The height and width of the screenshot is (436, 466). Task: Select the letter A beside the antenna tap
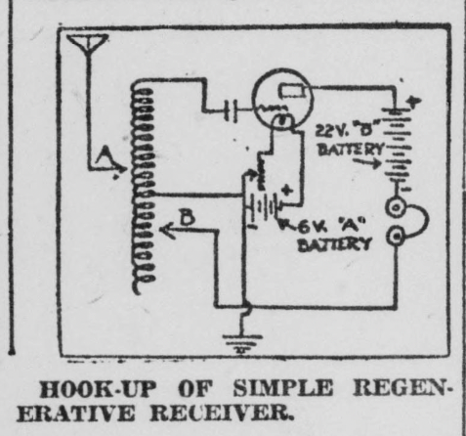pos(105,157)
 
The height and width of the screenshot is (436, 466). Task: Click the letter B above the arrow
pos(188,216)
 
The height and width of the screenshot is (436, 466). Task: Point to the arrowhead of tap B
pos(166,230)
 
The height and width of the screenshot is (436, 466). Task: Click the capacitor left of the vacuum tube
pos(231,110)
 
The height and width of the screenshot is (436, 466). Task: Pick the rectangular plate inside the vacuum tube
pos(292,91)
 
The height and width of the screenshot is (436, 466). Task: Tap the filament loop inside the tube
pos(282,121)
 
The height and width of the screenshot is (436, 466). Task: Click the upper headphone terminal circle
pos(396,207)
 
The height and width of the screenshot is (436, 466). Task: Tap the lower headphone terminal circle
pos(396,237)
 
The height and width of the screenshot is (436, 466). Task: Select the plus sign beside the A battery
pos(286,190)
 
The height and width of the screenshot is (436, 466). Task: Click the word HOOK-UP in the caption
pos(98,389)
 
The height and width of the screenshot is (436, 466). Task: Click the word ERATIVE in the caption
pos(75,414)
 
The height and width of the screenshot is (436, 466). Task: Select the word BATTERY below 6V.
pos(334,244)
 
